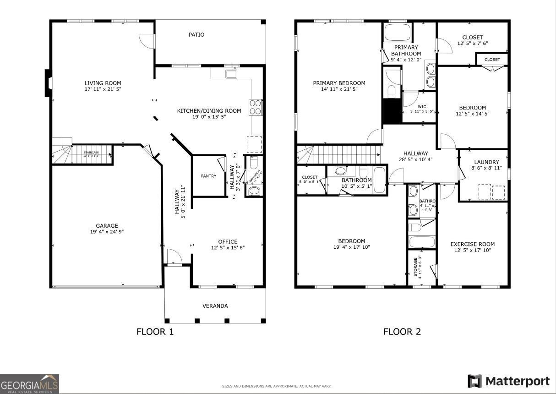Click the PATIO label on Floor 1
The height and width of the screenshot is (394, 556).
tap(196, 35)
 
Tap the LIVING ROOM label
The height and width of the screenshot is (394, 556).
tap(103, 83)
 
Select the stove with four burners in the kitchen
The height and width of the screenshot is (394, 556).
tap(256, 107)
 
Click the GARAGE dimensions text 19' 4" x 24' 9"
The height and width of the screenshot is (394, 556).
tap(107, 232)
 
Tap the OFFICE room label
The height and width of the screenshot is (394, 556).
tap(228, 241)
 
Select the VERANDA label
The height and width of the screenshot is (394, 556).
tap(215, 306)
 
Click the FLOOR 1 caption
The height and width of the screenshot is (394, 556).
tap(155, 332)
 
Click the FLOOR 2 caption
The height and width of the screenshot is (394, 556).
tap(402, 332)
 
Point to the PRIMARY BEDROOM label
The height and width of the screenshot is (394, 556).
tap(339, 83)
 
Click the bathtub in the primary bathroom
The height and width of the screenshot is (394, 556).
tap(398, 33)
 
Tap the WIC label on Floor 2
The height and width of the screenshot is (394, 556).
tap(421, 107)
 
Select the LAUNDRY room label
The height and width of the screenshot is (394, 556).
tap(486, 162)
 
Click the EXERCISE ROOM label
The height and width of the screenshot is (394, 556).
tap(472, 244)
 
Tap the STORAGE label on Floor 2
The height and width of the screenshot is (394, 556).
tap(416, 267)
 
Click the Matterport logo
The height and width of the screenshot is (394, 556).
tap(508, 381)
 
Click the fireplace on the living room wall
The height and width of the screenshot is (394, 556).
tap(48, 83)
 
